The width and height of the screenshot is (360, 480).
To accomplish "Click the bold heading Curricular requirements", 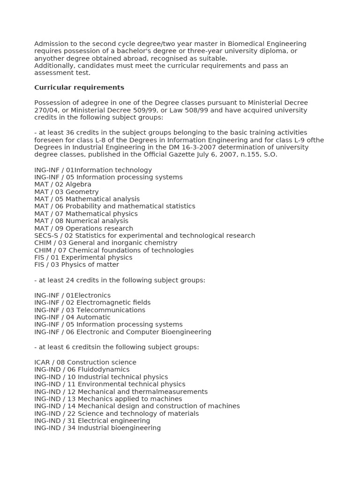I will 79,88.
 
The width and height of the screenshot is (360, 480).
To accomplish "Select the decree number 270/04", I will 47,110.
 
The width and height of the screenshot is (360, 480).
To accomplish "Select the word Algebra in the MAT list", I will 78,185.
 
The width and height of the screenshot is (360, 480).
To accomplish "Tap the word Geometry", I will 82,192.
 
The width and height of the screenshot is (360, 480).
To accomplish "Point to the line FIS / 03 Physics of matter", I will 76,265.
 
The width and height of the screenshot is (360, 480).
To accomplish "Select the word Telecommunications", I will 111,310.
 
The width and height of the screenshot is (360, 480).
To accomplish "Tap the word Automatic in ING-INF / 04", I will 93,317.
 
